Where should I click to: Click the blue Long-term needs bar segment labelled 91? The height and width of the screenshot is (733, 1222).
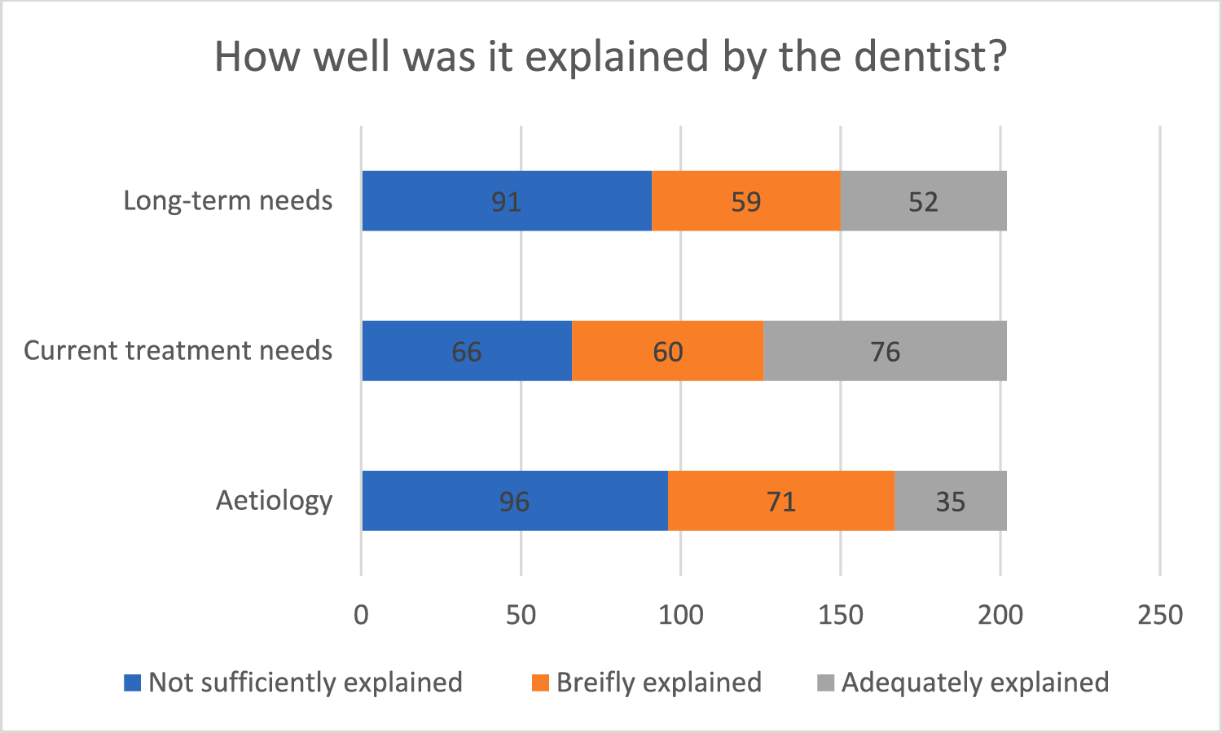507,200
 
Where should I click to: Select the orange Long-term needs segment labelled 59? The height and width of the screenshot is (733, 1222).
745,200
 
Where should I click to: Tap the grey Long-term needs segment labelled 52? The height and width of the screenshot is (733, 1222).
923,200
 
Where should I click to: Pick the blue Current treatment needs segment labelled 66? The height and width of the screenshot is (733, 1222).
467,350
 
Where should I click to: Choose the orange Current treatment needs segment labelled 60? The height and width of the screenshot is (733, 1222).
667,350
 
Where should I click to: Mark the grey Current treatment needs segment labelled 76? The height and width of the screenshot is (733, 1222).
885,350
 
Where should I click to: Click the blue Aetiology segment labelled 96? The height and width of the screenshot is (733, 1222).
514,500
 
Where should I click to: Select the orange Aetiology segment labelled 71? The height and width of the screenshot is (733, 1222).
780,500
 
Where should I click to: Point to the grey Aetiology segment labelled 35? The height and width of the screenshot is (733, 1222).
950,500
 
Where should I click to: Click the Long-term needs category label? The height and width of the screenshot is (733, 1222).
228,200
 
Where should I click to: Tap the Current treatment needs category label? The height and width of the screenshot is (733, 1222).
178,350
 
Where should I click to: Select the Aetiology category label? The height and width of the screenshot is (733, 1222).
274,500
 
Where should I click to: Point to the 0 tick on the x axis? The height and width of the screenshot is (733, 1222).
361,615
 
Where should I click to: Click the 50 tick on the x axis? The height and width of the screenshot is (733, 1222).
521,615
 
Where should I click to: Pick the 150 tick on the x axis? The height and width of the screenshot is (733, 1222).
840,615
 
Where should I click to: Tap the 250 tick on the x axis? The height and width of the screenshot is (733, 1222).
1159,615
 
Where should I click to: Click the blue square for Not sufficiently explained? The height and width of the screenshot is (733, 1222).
132,683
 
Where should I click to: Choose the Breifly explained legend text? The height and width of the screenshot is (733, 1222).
658,683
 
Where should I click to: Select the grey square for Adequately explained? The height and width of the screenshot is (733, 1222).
825,683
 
